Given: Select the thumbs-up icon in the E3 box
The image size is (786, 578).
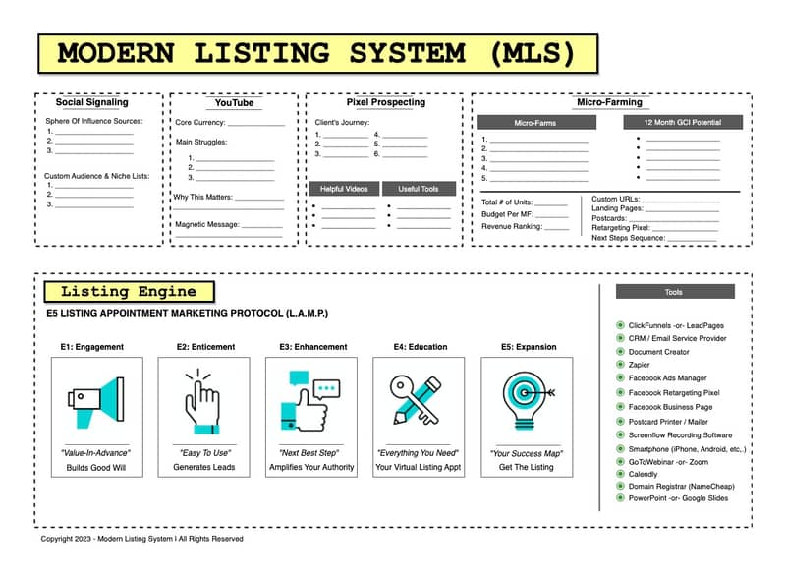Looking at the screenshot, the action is coord(309,401).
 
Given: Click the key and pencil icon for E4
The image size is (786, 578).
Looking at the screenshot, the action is coord(416,400).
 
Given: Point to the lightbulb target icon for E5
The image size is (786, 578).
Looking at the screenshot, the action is coord(527,400).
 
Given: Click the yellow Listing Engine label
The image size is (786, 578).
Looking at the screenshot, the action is coord(130,292).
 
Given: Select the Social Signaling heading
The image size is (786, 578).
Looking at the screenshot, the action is coord(91,102).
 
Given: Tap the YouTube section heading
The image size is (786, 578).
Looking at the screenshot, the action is coord(234,103).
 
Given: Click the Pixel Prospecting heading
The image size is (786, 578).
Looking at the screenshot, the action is coord(385,102).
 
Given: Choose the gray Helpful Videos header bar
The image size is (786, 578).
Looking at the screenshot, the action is coord(344,189).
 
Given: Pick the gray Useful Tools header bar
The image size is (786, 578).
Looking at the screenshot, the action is coord(419,189).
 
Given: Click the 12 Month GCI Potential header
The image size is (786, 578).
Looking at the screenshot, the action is coord(683,122).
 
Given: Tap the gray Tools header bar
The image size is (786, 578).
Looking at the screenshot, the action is coord(675,292).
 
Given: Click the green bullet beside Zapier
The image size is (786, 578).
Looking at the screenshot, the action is coord(620,365).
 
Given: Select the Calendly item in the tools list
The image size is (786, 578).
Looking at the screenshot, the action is coord(643,474).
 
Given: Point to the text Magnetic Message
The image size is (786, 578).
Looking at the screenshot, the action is coord(207,224).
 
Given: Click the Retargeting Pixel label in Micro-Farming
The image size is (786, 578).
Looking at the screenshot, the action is coord(621,228).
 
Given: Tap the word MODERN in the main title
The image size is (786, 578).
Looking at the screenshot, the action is coord(116,53).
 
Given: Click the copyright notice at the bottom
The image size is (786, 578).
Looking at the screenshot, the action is coord(141,539).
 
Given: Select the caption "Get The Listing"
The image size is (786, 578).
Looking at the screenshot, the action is coord(526,467).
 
